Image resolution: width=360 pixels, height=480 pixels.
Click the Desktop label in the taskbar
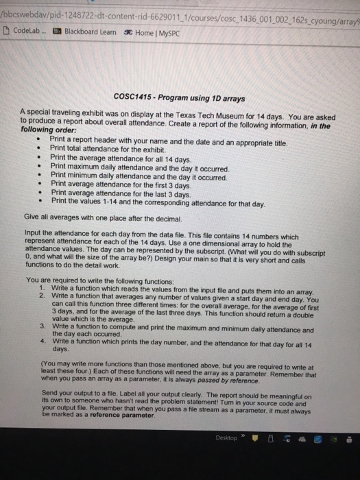(x=226, y=437)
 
